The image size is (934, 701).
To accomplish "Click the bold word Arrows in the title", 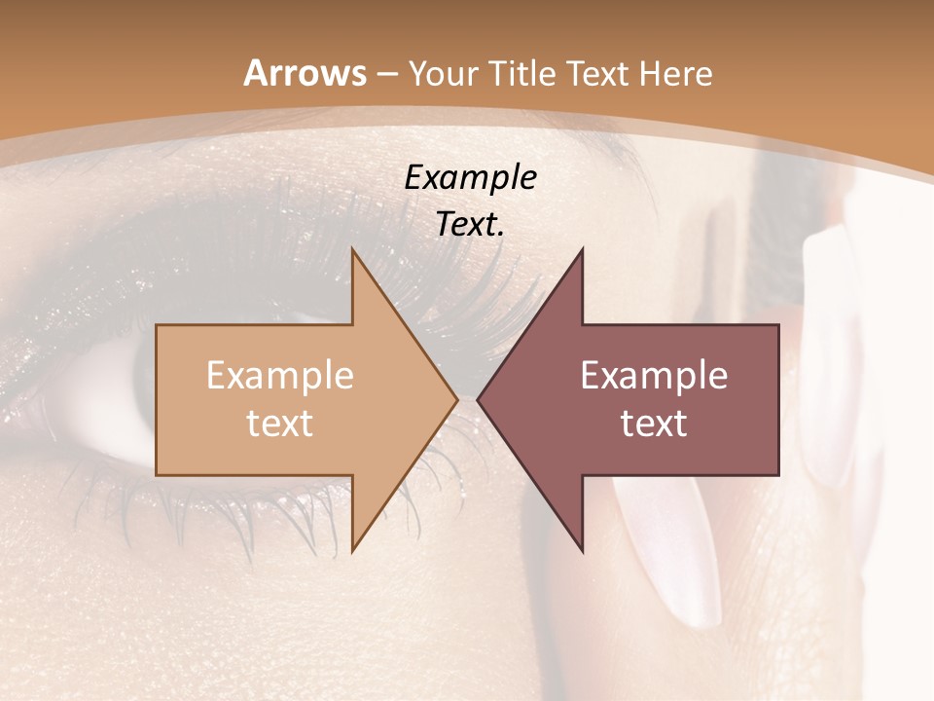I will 305,73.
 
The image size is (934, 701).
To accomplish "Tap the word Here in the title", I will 677,73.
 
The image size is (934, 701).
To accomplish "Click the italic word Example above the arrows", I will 470,178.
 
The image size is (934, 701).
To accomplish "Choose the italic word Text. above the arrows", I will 470,225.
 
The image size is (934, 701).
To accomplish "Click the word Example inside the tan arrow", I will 280,376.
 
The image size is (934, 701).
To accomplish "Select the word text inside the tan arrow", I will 280,423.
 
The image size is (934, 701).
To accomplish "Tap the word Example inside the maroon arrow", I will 654,376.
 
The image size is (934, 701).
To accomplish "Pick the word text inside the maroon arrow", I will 654,423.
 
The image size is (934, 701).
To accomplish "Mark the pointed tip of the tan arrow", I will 457,400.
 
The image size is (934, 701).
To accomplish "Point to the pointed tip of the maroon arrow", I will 478,400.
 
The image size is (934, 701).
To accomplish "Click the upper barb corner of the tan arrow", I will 352,249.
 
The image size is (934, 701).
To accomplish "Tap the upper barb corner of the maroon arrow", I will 582,249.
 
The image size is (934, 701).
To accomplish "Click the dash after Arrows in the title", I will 386,74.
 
